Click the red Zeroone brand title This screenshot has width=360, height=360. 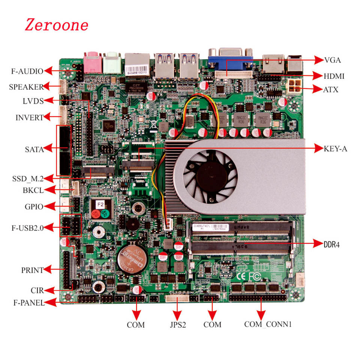57,25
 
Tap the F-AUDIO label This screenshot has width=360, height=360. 27,70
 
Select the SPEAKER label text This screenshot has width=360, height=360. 26,87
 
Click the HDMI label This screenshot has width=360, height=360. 334,76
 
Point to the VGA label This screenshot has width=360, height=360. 333,60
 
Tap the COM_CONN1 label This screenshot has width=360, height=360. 268,324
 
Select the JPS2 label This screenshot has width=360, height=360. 175,324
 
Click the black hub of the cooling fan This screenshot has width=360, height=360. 210,175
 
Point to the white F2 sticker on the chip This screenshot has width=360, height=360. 100,204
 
